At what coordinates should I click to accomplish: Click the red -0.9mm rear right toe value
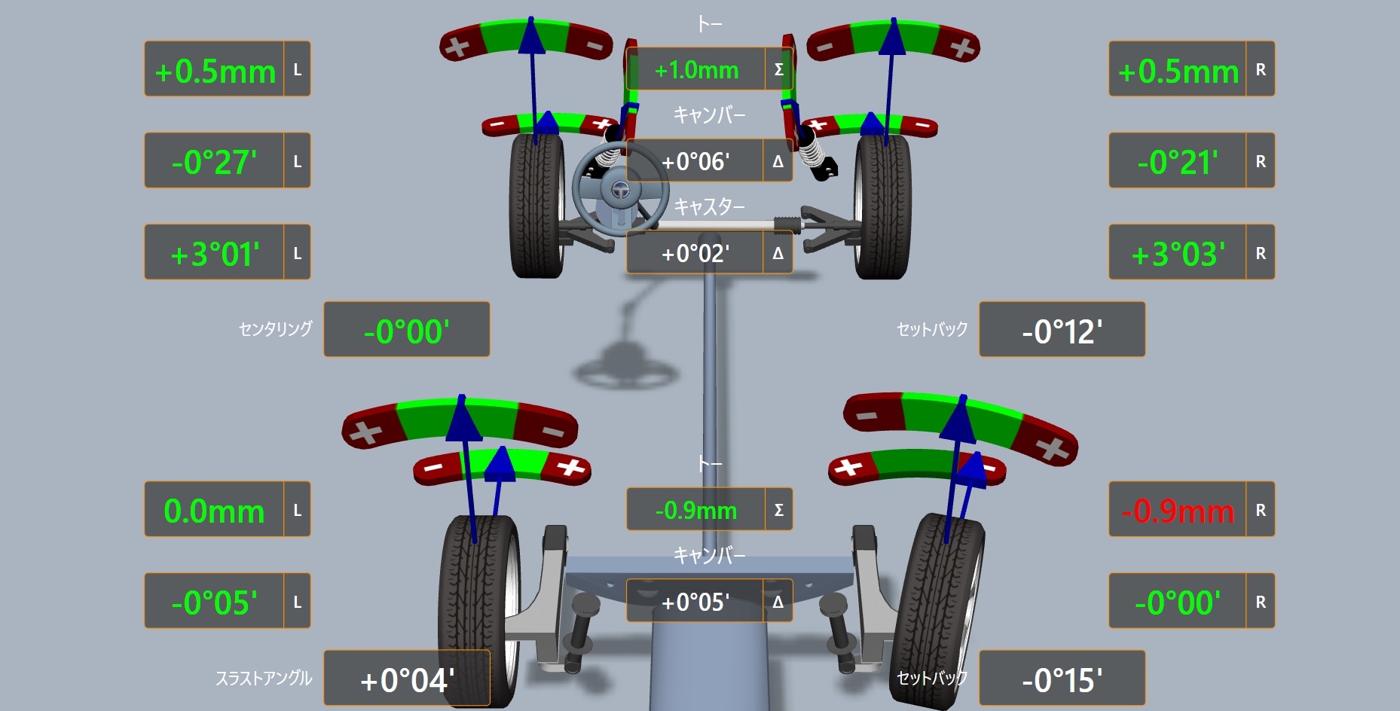(1178, 511)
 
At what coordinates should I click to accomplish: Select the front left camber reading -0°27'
(214, 162)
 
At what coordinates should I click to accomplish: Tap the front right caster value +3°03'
(1178, 254)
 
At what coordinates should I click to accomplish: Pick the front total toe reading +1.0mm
(696, 70)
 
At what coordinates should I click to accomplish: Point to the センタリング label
(275, 329)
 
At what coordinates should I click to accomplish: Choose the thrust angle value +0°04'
(407, 680)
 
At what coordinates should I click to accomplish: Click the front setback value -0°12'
(1062, 331)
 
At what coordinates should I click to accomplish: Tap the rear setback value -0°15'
(1062, 680)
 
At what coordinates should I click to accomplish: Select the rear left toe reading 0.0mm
(214, 511)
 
